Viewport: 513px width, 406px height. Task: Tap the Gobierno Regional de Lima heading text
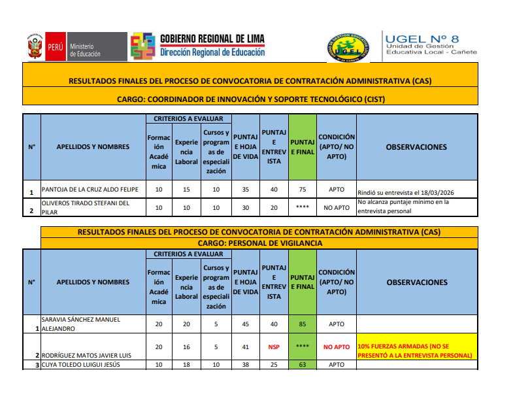pyautogui.click(x=212, y=39)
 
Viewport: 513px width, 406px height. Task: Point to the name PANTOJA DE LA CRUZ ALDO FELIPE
pyautogui.click(x=90, y=190)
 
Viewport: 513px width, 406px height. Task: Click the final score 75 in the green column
pyautogui.click(x=302, y=190)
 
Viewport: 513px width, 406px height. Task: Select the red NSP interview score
pyautogui.click(x=274, y=347)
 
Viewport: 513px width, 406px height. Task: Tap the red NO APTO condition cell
pyautogui.click(x=337, y=347)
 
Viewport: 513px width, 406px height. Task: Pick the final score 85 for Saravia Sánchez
pyautogui.click(x=302, y=324)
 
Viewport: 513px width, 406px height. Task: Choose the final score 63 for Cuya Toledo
pyautogui.click(x=302, y=365)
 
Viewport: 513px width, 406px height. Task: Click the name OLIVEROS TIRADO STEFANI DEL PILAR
pyautogui.click(x=85, y=207)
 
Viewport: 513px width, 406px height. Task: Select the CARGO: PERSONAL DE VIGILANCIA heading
pyautogui.click(x=259, y=243)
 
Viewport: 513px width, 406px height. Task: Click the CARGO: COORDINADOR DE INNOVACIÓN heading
pyautogui.click(x=259, y=99)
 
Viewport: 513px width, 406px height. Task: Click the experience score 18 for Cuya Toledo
pyautogui.click(x=186, y=365)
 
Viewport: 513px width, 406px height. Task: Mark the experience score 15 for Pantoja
pyautogui.click(x=186, y=190)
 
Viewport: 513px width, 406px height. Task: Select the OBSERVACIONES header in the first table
pyautogui.click(x=416, y=147)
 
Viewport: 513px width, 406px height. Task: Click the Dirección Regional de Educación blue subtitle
pyautogui.click(x=212, y=52)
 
